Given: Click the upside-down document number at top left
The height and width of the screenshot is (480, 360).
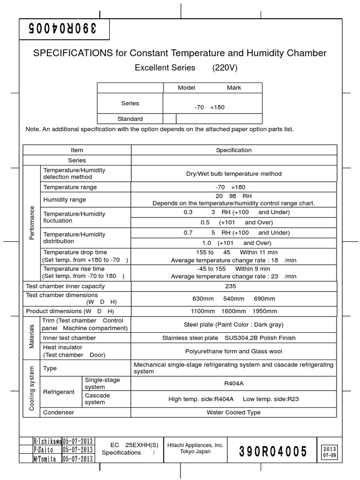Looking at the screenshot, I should tap(63, 29).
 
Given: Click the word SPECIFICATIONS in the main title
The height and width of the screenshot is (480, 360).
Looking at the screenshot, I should tap(73, 53).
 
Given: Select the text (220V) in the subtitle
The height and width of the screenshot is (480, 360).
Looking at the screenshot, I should tap(225, 67).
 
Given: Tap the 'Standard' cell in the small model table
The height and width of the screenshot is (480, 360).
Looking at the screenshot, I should tap(130, 119).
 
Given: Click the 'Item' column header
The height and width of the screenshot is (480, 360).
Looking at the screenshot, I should tap(77, 150).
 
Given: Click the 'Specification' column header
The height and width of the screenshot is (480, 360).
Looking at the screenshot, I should tap(233, 150).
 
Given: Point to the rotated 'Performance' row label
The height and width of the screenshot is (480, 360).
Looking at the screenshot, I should tap(32, 223).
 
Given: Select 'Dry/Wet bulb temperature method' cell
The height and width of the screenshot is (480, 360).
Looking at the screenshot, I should tap(233, 173).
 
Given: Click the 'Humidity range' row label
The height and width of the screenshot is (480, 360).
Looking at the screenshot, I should tap(65, 200).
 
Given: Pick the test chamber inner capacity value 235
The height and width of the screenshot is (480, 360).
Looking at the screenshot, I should tap(233, 286).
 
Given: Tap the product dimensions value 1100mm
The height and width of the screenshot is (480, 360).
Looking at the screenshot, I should tap(202, 311).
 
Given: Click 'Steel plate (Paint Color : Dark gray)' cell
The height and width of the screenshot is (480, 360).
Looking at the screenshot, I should tap(233, 324).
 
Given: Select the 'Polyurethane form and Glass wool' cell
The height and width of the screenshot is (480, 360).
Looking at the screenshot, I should tap(233, 351).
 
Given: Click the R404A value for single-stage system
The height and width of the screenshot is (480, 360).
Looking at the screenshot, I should tap(233, 383).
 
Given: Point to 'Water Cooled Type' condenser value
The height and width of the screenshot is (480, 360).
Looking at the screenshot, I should tap(233, 412).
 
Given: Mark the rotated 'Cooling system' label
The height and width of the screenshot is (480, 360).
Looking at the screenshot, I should tap(32, 388).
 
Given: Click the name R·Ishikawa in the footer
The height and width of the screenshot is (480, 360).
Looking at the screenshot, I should tap(47, 442).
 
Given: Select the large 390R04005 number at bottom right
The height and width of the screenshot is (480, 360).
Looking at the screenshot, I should tap(273, 452).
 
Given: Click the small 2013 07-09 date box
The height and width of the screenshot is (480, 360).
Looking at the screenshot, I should tap(329, 452).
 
